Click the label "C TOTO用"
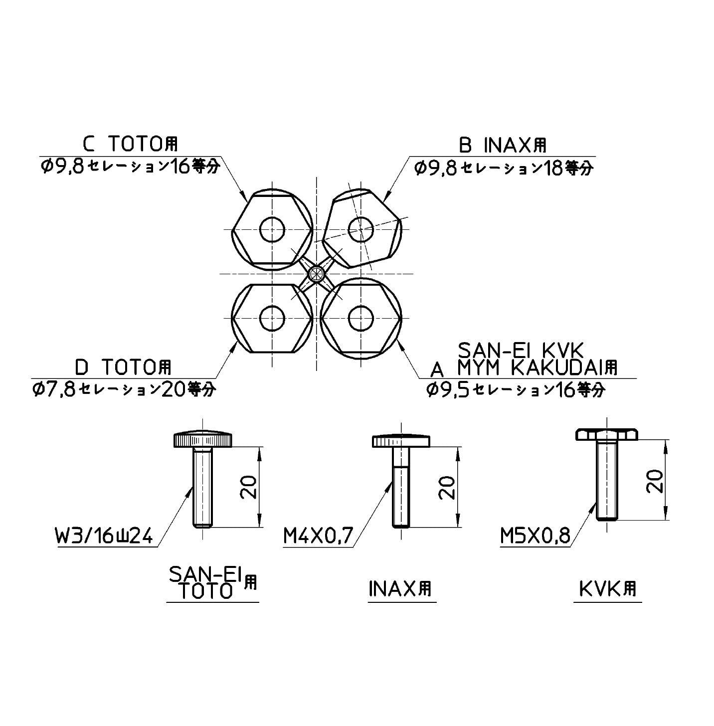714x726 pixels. (x=130, y=145)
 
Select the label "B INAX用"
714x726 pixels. (x=503, y=146)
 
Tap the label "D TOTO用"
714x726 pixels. (x=123, y=368)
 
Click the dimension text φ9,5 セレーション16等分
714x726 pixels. (x=517, y=389)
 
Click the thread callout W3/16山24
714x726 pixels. (x=105, y=538)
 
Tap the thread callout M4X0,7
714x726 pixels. (x=318, y=537)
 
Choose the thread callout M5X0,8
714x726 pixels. (x=535, y=537)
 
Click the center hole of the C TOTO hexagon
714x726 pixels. (x=272, y=229)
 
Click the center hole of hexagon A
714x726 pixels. (x=360, y=317)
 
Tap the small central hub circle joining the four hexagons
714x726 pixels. (x=316, y=273)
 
